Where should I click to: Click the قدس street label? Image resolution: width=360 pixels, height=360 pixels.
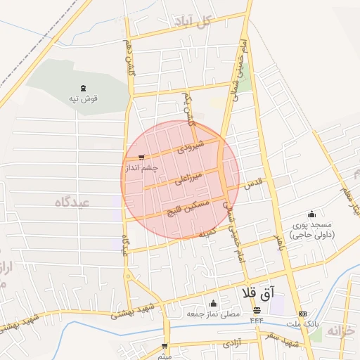pyautogui.click(x=252, y=184)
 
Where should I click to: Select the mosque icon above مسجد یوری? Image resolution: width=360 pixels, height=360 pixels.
pyautogui.click(x=312, y=214)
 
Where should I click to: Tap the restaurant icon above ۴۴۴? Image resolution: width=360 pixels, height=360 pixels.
pyautogui.click(x=257, y=310)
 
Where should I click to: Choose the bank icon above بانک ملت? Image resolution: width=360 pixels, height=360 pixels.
pyautogui.click(x=303, y=314)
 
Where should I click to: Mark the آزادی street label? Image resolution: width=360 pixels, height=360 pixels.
pyautogui.click(x=233, y=345)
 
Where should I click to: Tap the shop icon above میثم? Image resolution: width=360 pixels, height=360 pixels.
pyautogui.click(x=165, y=346)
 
